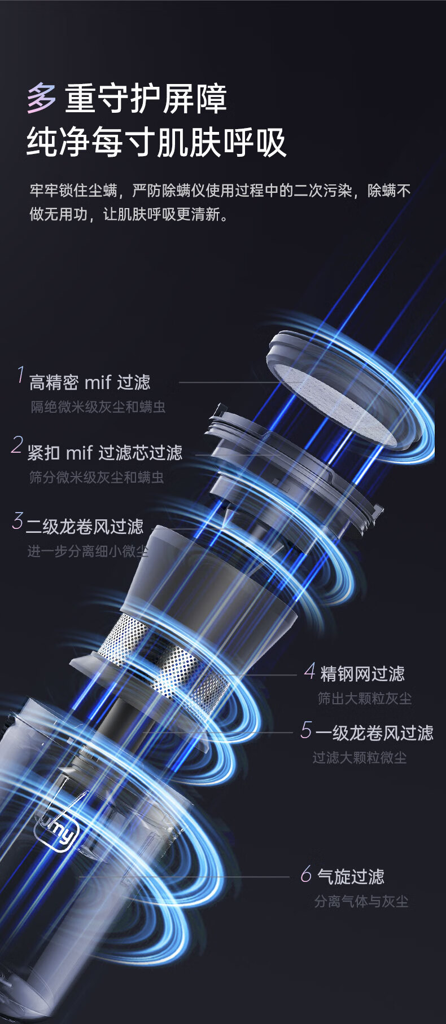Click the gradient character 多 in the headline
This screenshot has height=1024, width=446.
coord(42,99)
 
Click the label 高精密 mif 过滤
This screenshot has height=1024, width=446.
coord(90,382)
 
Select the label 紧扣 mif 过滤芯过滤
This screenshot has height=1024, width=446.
coord(105,452)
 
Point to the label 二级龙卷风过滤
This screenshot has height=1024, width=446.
coord(85,527)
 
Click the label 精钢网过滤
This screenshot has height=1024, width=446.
coord(362,673)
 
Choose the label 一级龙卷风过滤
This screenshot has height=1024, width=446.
coord(374,732)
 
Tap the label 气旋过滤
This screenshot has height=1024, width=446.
coord(351,876)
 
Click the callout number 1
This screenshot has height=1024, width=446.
coord(21,376)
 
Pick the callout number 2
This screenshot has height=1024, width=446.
coord(18,445)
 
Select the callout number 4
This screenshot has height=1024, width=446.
coord(309,671)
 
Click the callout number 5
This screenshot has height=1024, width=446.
coord(306,730)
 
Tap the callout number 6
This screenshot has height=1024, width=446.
coord(306,874)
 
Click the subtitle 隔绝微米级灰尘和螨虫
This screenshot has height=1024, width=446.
coord(98,407)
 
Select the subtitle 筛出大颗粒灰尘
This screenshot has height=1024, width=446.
coord(365,698)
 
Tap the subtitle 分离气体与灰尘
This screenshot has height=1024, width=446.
coord(361,901)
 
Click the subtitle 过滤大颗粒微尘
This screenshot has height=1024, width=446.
coord(360,757)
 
